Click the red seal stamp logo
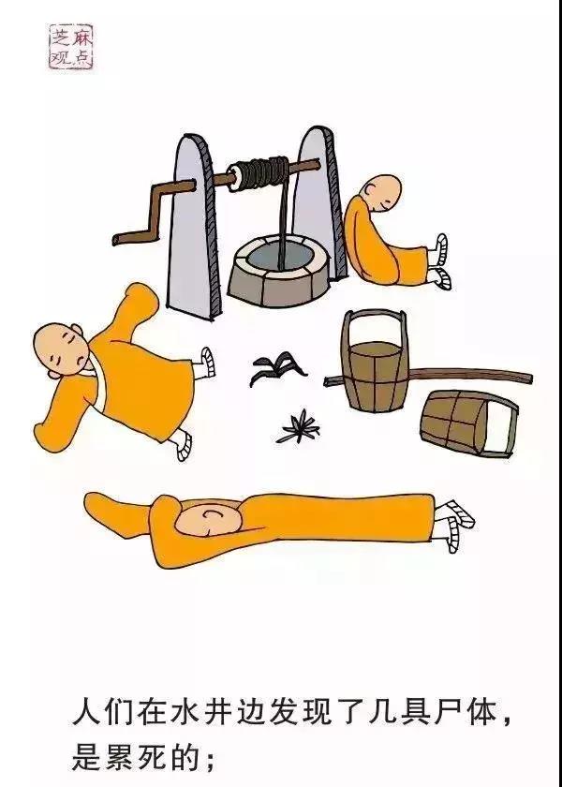(71, 46)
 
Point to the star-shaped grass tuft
(299, 426)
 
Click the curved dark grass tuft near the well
(278, 369)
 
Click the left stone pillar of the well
(193, 226)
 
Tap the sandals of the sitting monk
(440, 262)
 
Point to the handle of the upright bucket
(374, 325)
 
